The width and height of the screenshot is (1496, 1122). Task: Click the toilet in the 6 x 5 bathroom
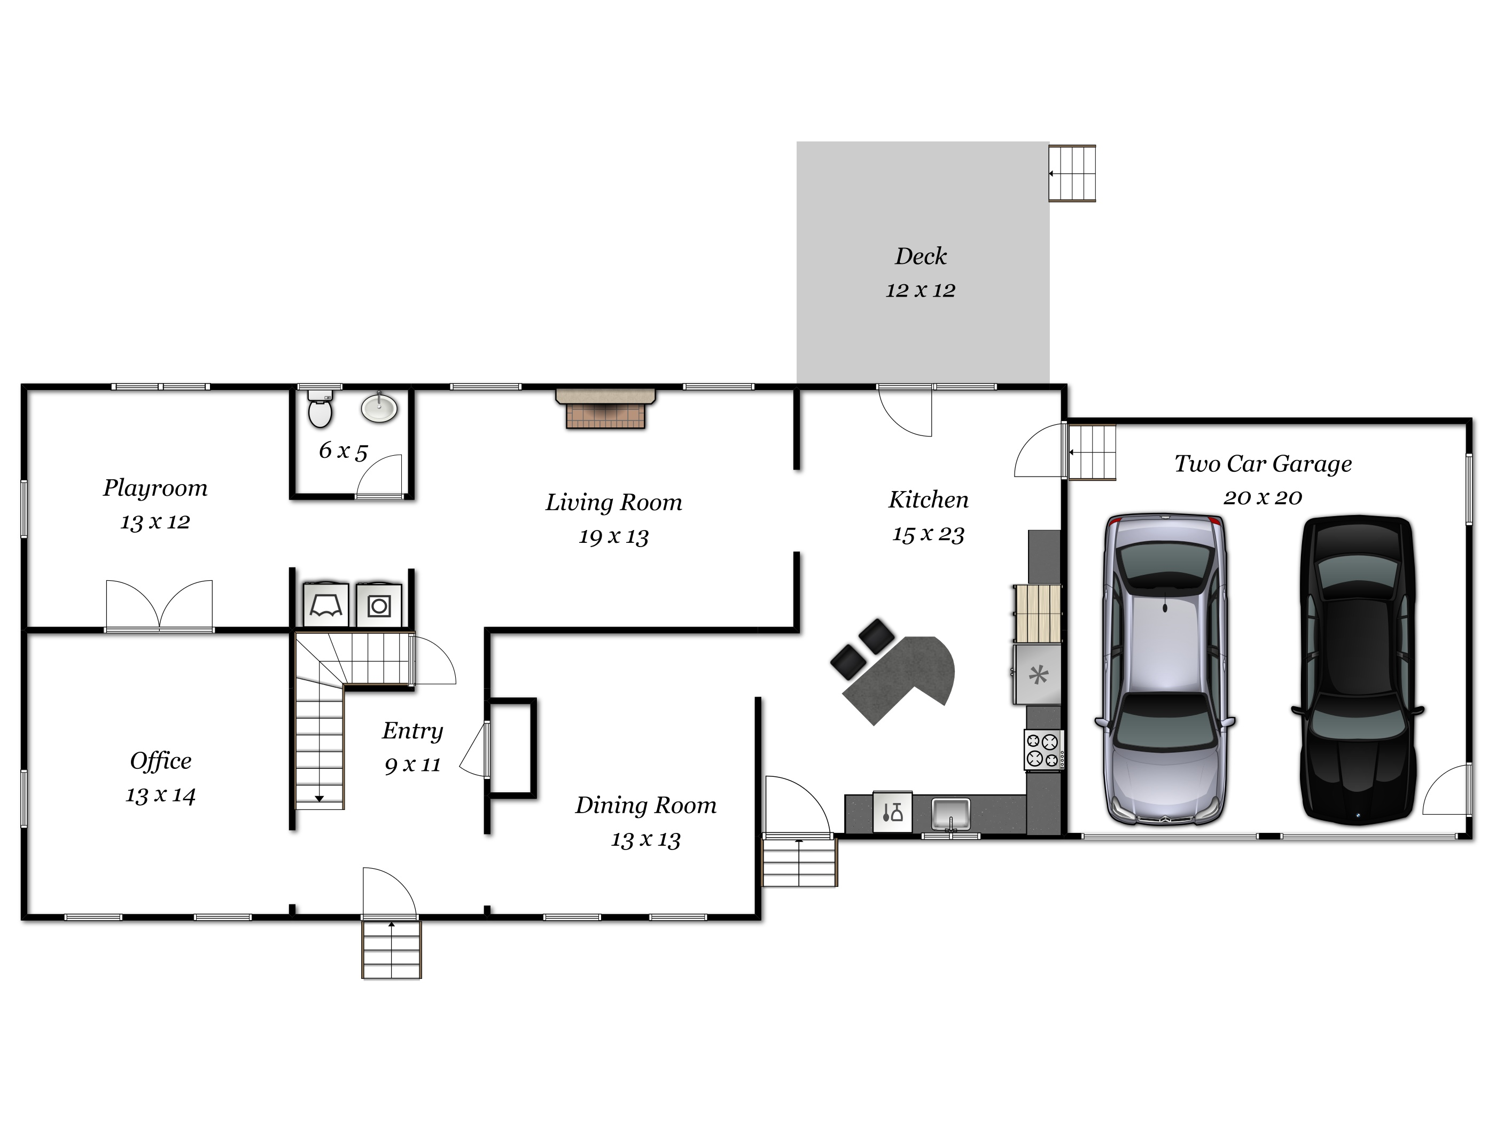pyautogui.click(x=320, y=410)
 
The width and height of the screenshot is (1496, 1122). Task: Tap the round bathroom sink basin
pyautogui.click(x=379, y=408)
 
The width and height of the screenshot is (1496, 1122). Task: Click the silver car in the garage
pyautogui.click(x=1165, y=669)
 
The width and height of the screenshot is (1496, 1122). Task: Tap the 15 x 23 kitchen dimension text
pyautogui.click(x=928, y=534)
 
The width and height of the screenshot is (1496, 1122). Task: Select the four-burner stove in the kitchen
pyautogui.click(x=1043, y=750)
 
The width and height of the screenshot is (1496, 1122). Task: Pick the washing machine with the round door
pyautogui.click(x=379, y=606)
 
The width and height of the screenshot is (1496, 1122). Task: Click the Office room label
pyautogui.click(x=160, y=761)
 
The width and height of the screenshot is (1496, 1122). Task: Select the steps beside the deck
pyautogui.click(x=1072, y=173)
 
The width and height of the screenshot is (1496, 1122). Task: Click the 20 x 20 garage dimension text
pyautogui.click(x=1262, y=498)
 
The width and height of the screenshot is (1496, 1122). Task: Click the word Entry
pyautogui.click(x=412, y=731)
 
